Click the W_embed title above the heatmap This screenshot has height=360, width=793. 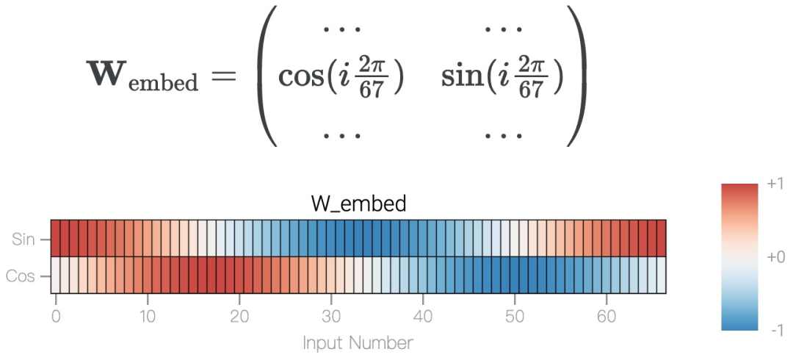coord(358,204)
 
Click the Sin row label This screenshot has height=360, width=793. coord(23,239)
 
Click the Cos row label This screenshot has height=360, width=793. coord(21,276)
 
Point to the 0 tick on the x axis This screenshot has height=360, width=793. coord(56,317)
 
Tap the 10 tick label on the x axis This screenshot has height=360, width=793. coord(148,317)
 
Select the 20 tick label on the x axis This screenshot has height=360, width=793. coord(239,317)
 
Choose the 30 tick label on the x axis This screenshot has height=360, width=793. coord(331,317)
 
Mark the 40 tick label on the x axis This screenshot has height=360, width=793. coord(423,317)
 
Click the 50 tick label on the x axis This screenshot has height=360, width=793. coord(515,317)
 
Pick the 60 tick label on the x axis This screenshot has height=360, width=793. coord(606,317)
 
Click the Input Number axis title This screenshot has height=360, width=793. coord(358,342)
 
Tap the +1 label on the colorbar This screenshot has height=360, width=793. coord(775,183)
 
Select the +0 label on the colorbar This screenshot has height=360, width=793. coord(775,257)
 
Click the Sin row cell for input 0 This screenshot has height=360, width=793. coord(55,238)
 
